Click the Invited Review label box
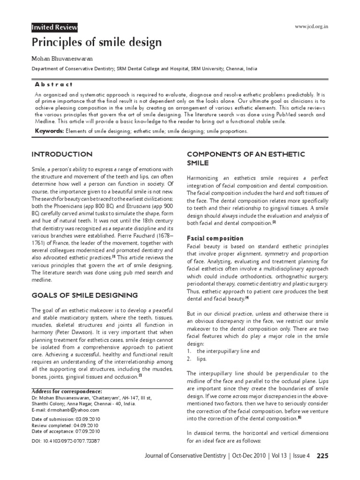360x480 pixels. pos(54,28)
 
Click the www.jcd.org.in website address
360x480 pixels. pos(311,26)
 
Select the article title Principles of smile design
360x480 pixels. pos(97,43)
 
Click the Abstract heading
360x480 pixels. pos(54,84)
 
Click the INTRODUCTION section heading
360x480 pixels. pos(61,154)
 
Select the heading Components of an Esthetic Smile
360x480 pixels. pos(246,158)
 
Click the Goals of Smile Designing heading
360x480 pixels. pos(84,295)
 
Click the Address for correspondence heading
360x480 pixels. pos(66,391)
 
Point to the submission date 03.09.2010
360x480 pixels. pos(85,419)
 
